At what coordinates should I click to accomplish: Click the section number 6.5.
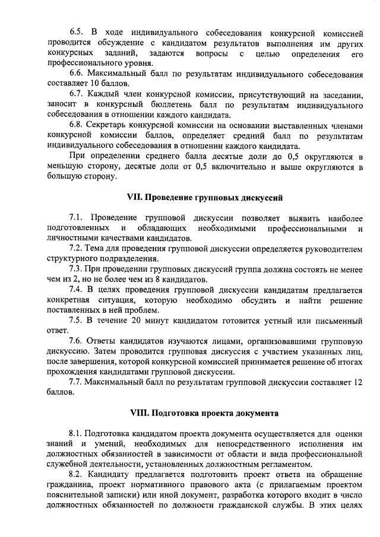76,30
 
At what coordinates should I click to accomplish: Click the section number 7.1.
76,217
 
